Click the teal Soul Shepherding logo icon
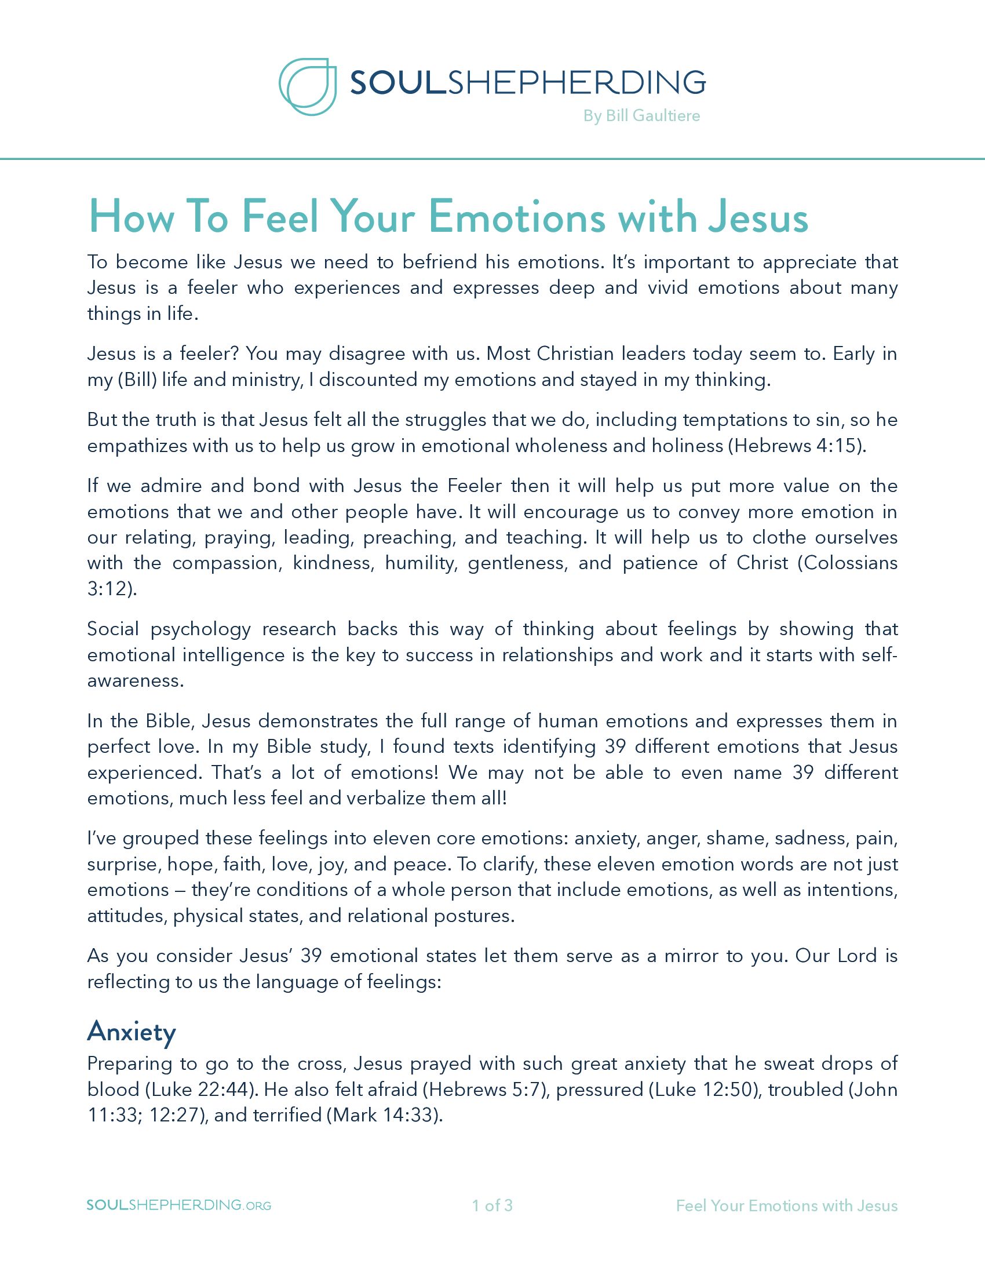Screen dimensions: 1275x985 point(308,86)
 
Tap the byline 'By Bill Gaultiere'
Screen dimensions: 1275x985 point(641,115)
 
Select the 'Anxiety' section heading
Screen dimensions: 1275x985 point(132,1031)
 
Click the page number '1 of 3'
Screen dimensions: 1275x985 point(492,1205)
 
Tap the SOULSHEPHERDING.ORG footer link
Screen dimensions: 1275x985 point(178,1205)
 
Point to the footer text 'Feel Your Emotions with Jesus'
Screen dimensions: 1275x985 point(786,1205)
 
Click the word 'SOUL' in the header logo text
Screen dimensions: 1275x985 point(398,82)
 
